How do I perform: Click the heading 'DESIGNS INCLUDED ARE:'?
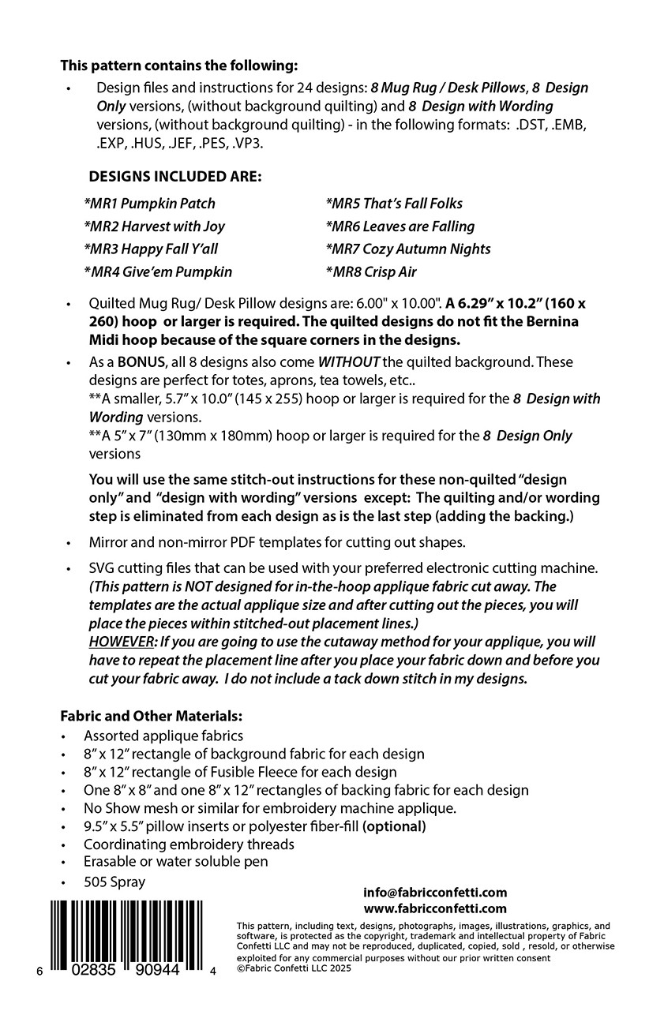(x=174, y=177)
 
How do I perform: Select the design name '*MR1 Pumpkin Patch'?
(x=149, y=204)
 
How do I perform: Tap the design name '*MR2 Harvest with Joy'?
(x=154, y=227)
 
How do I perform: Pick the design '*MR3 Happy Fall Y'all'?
(x=151, y=249)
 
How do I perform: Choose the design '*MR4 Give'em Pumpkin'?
(x=158, y=272)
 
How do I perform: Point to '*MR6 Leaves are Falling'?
(x=400, y=227)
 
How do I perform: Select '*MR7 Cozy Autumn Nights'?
(x=407, y=249)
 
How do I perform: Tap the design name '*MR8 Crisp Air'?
(x=370, y=272)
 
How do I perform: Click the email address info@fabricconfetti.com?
(x=435, y=893)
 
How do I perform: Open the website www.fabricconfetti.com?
(x=435, y=908)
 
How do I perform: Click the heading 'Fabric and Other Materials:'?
(x=151, y=717)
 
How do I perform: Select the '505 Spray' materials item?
(x=114, y=882)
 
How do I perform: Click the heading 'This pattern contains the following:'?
(x=179, y=66)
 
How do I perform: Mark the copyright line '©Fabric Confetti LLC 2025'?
(x=294, y=968)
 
